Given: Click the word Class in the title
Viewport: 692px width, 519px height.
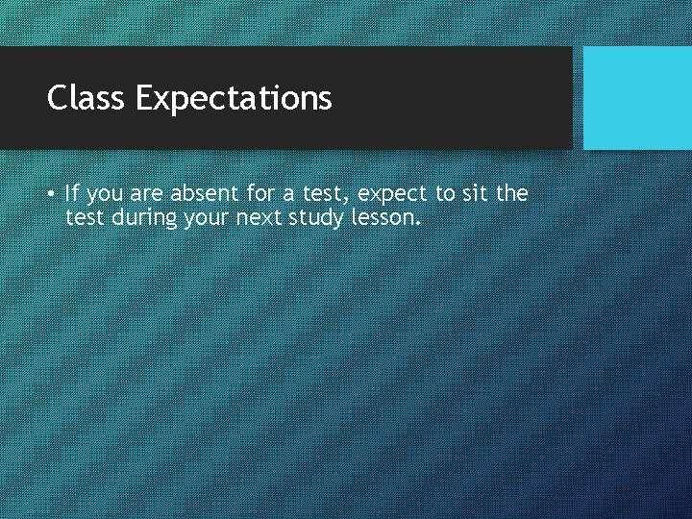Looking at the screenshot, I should point(87,97).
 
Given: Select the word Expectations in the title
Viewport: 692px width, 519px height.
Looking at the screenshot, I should point(234,98).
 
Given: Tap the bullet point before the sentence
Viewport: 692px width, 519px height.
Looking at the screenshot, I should point(50,193).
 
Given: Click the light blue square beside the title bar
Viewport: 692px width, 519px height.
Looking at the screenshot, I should point(637,98).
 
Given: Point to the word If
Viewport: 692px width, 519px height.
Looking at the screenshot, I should point(72,193).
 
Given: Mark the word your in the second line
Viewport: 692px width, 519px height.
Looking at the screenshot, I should point(208,219).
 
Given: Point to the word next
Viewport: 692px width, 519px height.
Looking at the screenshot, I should point(262,218).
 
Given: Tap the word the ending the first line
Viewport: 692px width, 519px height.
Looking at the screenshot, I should point(511,193).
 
